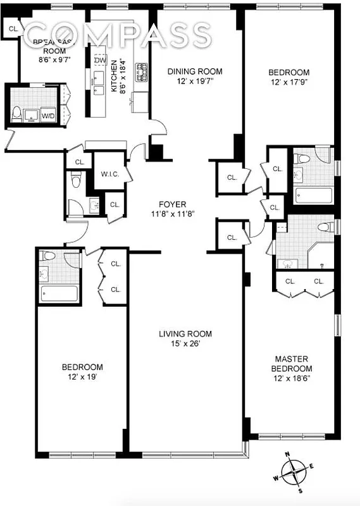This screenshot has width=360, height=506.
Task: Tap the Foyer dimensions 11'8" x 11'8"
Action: pos(172,214)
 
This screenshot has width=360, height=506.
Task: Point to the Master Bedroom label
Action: pos(292,364)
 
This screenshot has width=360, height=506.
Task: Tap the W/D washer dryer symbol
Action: pos(48,116)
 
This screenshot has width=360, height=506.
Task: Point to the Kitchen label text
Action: pos(115,77)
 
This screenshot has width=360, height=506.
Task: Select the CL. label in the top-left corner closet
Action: pos(13,28)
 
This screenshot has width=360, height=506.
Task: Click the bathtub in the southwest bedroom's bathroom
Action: pos(59,293)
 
